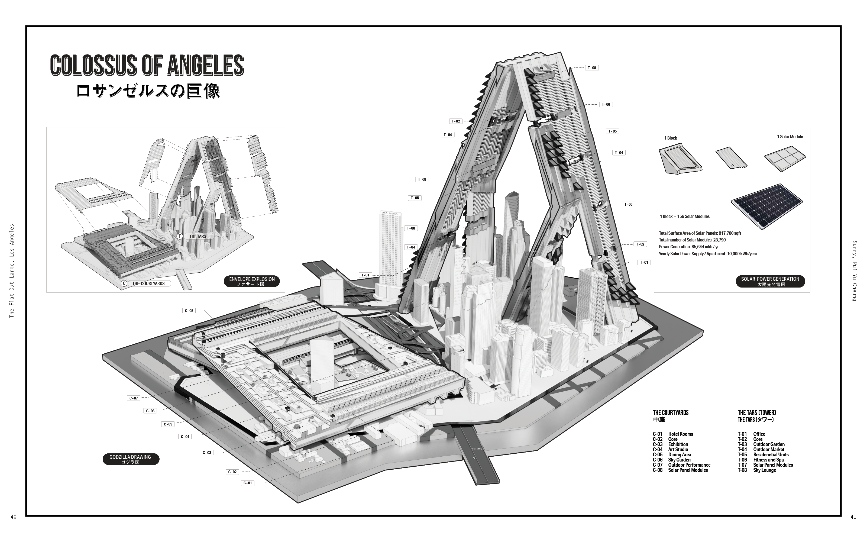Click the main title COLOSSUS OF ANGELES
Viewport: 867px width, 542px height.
(x=147, y=65)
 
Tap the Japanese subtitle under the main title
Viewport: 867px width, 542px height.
(x=148, y=91)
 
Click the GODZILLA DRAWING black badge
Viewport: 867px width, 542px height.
(x=130, y=459)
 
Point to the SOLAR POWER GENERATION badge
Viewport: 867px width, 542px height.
(x=770, y=281)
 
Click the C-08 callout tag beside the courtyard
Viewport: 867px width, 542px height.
(x=189, y=311)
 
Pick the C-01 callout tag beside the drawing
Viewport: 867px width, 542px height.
(x=248, y=483)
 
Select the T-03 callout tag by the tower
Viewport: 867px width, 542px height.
(x=628, y=204)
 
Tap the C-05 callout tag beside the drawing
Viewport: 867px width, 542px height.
(x=168, y=424)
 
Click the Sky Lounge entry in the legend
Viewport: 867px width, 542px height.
(x=764, y=470)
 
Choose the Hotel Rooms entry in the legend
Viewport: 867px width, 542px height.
(x=680, y=434)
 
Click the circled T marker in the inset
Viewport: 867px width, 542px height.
(x=180, y=236)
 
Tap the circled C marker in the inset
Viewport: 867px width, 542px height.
(x=124, y=283)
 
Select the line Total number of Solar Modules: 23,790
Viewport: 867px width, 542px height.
(x=692, y=240)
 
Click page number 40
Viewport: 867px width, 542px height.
(x=14, y=517)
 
